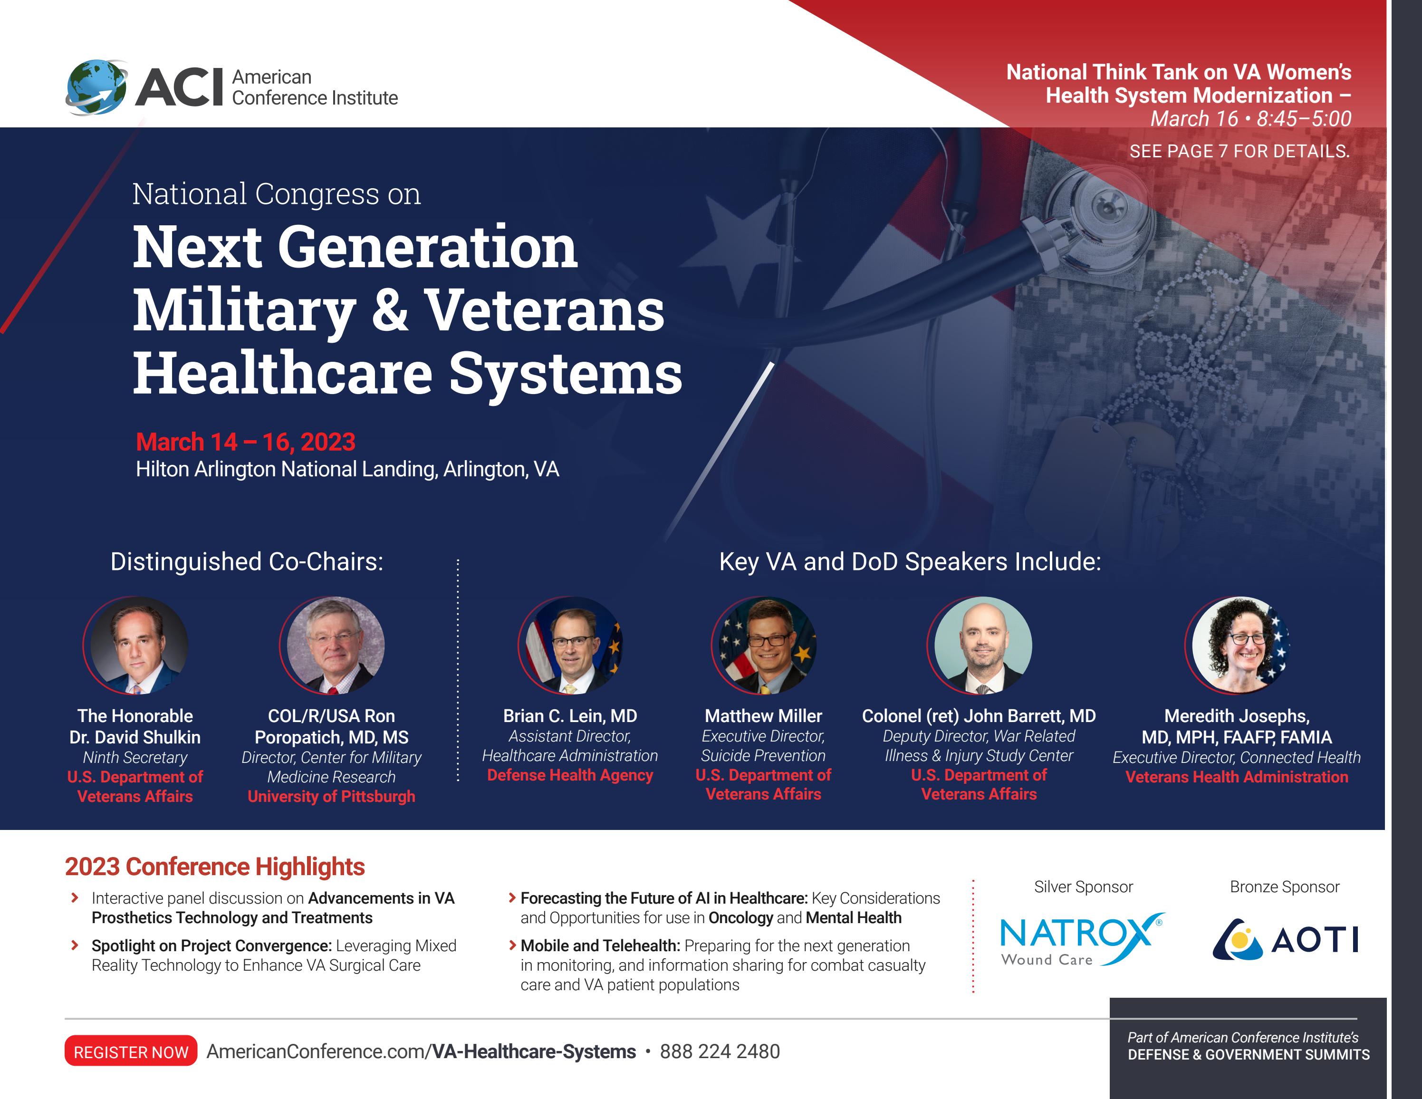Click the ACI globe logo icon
click(x=96, y=87)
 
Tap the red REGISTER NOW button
click(x=130, y=1051)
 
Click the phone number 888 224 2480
click(x=720, y=1051)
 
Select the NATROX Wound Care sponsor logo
click(x=1081, y=939)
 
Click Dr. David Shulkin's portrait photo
click(x=135, y=645)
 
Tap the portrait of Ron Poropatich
click(x=332, y=645)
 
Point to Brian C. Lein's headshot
click(x=570, y=645)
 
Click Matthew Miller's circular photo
click(x=764, y=645)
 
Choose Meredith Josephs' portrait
click(x=1237, y=645)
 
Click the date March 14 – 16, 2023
click(x=245, y=442)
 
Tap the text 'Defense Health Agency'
click(x=570, y=775)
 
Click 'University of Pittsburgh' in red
click(x=331, y=796)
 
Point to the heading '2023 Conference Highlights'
click(x=215, y=867)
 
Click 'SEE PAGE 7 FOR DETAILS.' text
click(x=1239, y=152)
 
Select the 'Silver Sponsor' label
click(x=1084, y=887)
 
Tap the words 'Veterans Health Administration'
click(x=1237, y=777)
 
